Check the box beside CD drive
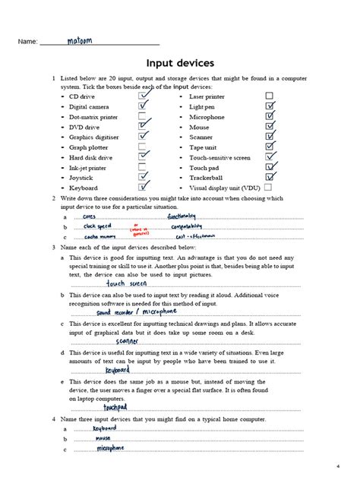pos(143,96)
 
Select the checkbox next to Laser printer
pos(270,96)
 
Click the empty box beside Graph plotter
pos(143,147)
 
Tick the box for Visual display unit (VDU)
pos(270,187)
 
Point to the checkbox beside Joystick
pos(143,177)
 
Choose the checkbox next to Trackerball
pos(270,177)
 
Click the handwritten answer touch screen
pos(127,283)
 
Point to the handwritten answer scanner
pos(128,341)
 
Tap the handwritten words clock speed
pos(98,226)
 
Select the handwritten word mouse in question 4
pos(103,438)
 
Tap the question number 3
pos(53,248)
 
